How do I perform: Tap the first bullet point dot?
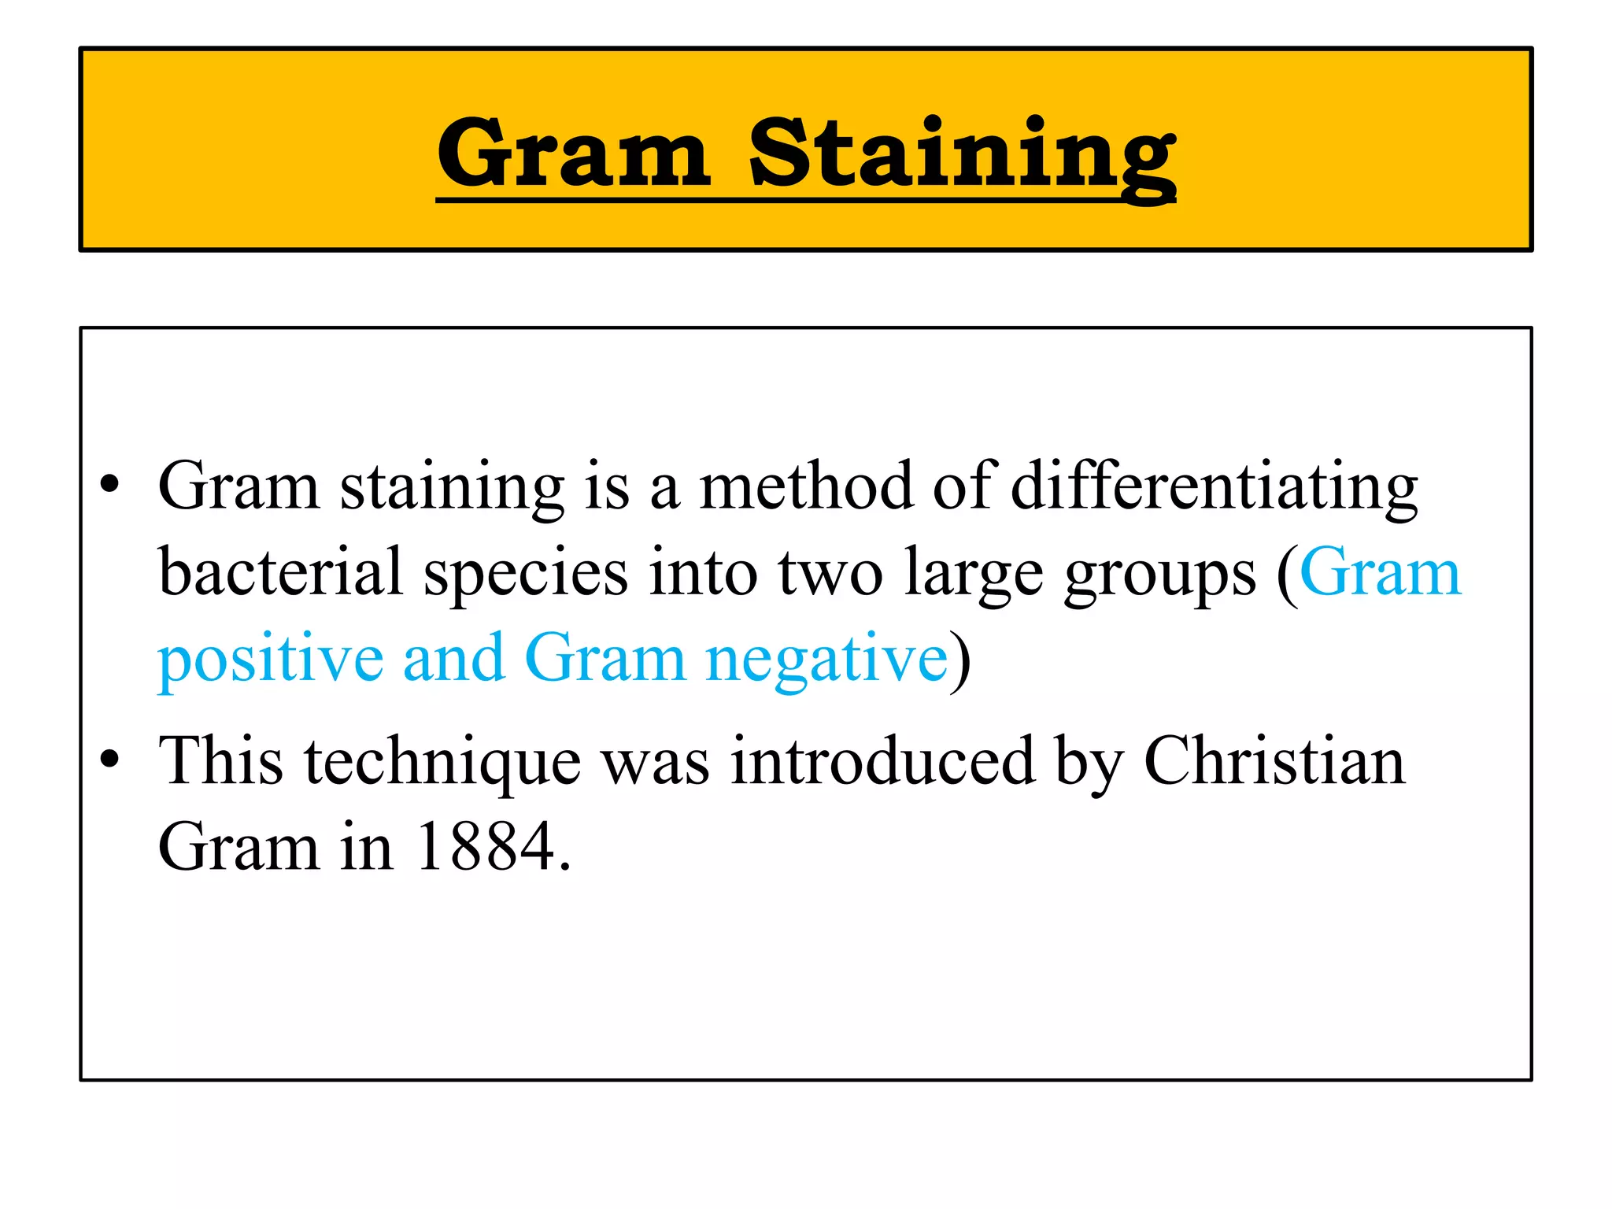coord(110,484)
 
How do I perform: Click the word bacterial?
coord(281,572)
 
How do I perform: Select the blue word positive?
coord(271,660)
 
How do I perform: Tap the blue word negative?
coord(826,660)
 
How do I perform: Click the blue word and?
coord(453,658)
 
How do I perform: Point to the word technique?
coord(443,762)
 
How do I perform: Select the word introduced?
coord(882,760)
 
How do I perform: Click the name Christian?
coord(1274,760)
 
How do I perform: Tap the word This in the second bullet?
coord(220,760)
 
